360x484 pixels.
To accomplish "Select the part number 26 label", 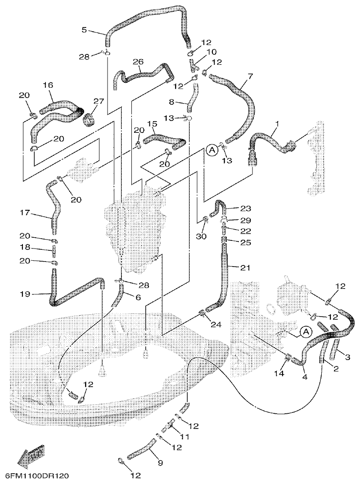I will point(138,62).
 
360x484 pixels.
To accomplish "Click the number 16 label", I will point(48,85).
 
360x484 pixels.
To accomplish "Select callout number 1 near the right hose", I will point(278,123).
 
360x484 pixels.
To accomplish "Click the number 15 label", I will point(152,123).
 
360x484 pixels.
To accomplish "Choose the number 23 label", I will point(245,208).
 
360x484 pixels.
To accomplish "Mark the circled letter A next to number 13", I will point(212,151).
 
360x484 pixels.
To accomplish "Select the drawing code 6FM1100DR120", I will point(37,476).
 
